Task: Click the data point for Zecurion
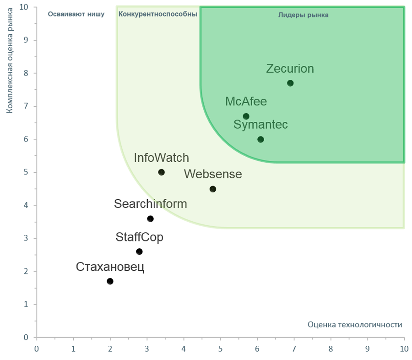point(290,83)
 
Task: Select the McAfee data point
point(246,116)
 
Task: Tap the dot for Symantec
point(260,139)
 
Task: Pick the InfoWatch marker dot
point(161,172)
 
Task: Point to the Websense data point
point(213,189)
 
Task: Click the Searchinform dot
point(150,219)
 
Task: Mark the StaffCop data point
point(139,251)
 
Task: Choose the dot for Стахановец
point(110,281)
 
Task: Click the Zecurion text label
point(290,69)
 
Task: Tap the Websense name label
point(213,174)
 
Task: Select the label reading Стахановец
point(110,267)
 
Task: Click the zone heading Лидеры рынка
point(304,15)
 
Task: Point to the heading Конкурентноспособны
point(158,14)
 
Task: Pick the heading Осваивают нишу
point(76,14)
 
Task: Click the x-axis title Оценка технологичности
point(355,325)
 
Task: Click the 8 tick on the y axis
point(26,73)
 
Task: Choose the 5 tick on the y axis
point(26,172)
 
